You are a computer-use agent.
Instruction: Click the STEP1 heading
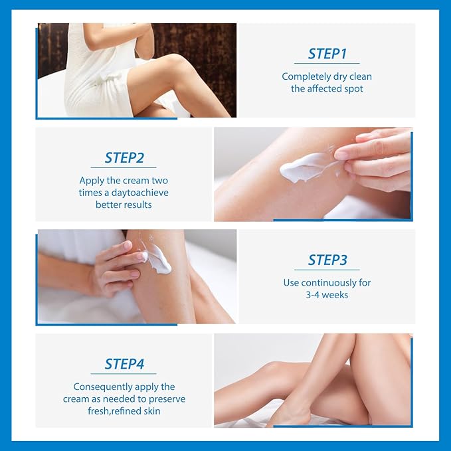326,54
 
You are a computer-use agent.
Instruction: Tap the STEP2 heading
124,157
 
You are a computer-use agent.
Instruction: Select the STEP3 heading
326,260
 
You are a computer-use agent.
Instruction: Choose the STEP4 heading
124,363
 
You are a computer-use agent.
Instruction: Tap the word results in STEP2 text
137,205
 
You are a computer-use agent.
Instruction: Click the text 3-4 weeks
326,294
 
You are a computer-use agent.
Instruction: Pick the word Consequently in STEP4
101,387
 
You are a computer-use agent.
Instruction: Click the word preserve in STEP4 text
166,399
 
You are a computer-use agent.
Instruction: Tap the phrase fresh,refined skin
124,410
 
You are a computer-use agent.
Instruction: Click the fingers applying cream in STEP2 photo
372,156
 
